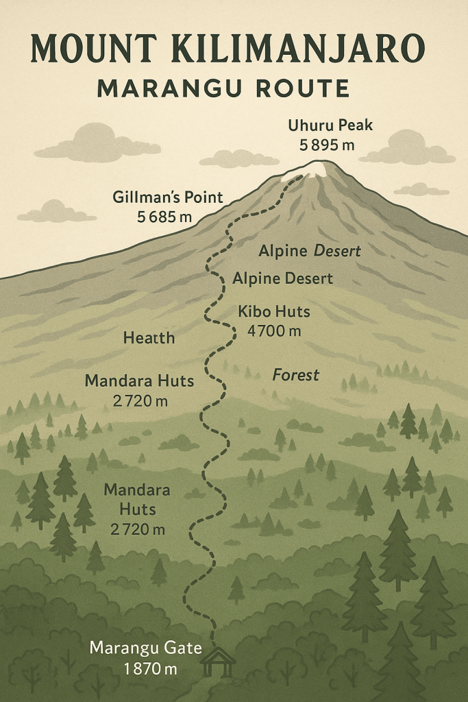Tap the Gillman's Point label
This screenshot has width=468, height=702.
(x=168, y=198)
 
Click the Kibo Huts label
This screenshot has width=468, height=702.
(x=274, y=312)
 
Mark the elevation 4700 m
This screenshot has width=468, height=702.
(x=274, y=331)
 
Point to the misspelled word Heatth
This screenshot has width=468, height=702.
(x=149, y=338)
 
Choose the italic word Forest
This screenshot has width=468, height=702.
(x=296, y=375)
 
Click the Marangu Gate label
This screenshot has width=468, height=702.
(x=146, y=648)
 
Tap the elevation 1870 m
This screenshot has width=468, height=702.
(x=146, y=668)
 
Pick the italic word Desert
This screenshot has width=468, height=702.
(x=337, y=252)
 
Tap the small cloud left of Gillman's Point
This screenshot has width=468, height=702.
(x=56, y=212)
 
